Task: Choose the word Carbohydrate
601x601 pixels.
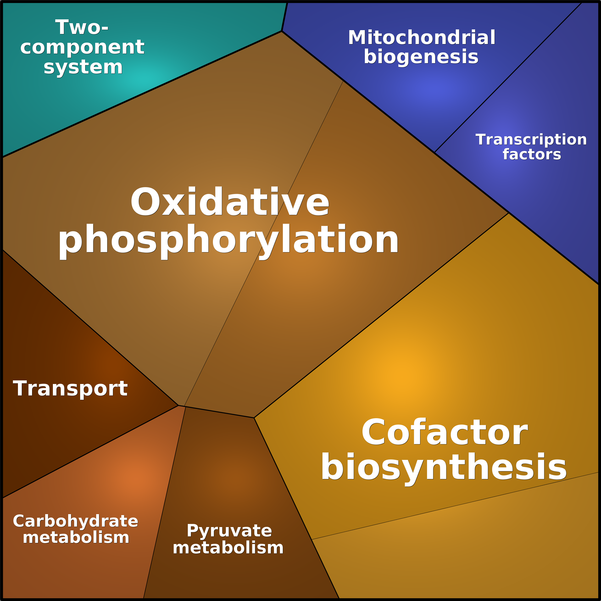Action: pyautogui.click(x=76, y=521)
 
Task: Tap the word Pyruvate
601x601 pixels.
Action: pyautogui.click(x=229, y=531)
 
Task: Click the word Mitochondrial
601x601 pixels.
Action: pyautogui.click(x=422, y=38)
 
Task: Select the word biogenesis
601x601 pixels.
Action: pyautogui.click(x=421, y=57)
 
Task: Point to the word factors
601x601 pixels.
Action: pyautogui.click(x=532, y=154)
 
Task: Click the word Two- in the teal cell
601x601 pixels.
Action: pyautogui.click(x=82, y=27)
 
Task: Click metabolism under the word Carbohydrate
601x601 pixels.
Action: pyautogui.click(x=76, y=538)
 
